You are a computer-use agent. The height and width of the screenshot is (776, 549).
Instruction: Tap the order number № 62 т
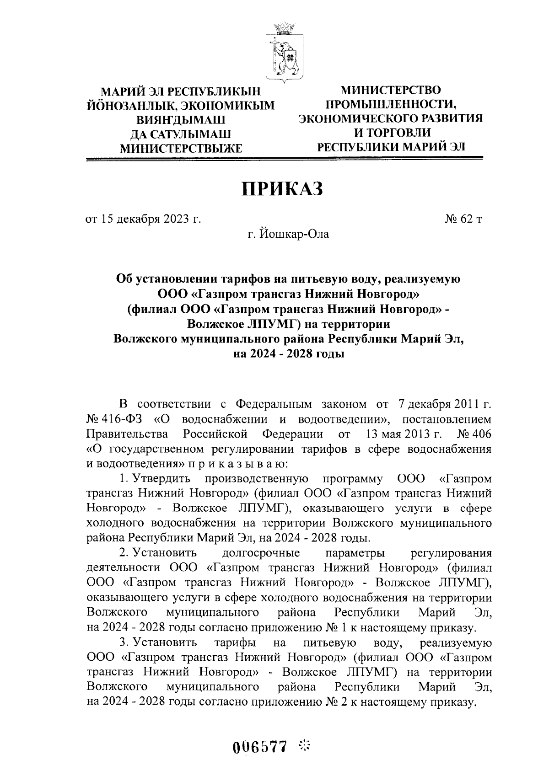click(x=463, y=219)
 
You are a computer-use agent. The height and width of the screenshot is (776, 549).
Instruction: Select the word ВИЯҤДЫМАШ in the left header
click(x=181, y=120)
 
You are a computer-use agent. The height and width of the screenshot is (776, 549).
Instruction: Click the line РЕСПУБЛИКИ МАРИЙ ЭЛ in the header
click(x=391, y=147)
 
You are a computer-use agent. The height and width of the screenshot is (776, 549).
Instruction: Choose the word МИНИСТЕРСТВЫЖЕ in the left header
click(x=181, y=148)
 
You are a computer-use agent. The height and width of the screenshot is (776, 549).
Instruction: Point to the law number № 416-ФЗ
click(x=117, y=419)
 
